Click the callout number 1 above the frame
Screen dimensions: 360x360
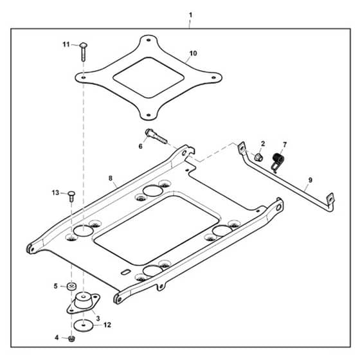pos(190,15)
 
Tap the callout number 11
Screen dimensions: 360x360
pos(66,44)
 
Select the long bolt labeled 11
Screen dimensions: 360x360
pos(83,51)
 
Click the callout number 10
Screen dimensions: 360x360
pos(193,53)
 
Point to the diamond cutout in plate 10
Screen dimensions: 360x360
pos(148,77)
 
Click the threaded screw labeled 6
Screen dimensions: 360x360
pos(156,136)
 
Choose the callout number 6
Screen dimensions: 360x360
pos(141,146)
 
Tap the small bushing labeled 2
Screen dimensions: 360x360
pos(258,157)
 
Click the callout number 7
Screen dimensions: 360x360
pos(285,145)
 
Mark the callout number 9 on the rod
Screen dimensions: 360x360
pos(310,180)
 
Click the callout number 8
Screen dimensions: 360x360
pos(111,178)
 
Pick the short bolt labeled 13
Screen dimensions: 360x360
pos(71,196)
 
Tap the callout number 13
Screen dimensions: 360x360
pos(55,193)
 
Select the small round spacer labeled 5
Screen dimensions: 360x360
pos(71,286)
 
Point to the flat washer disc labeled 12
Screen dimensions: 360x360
pos(84,325)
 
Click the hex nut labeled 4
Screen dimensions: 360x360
pos(71,338)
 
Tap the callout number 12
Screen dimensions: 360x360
pos(107,325)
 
